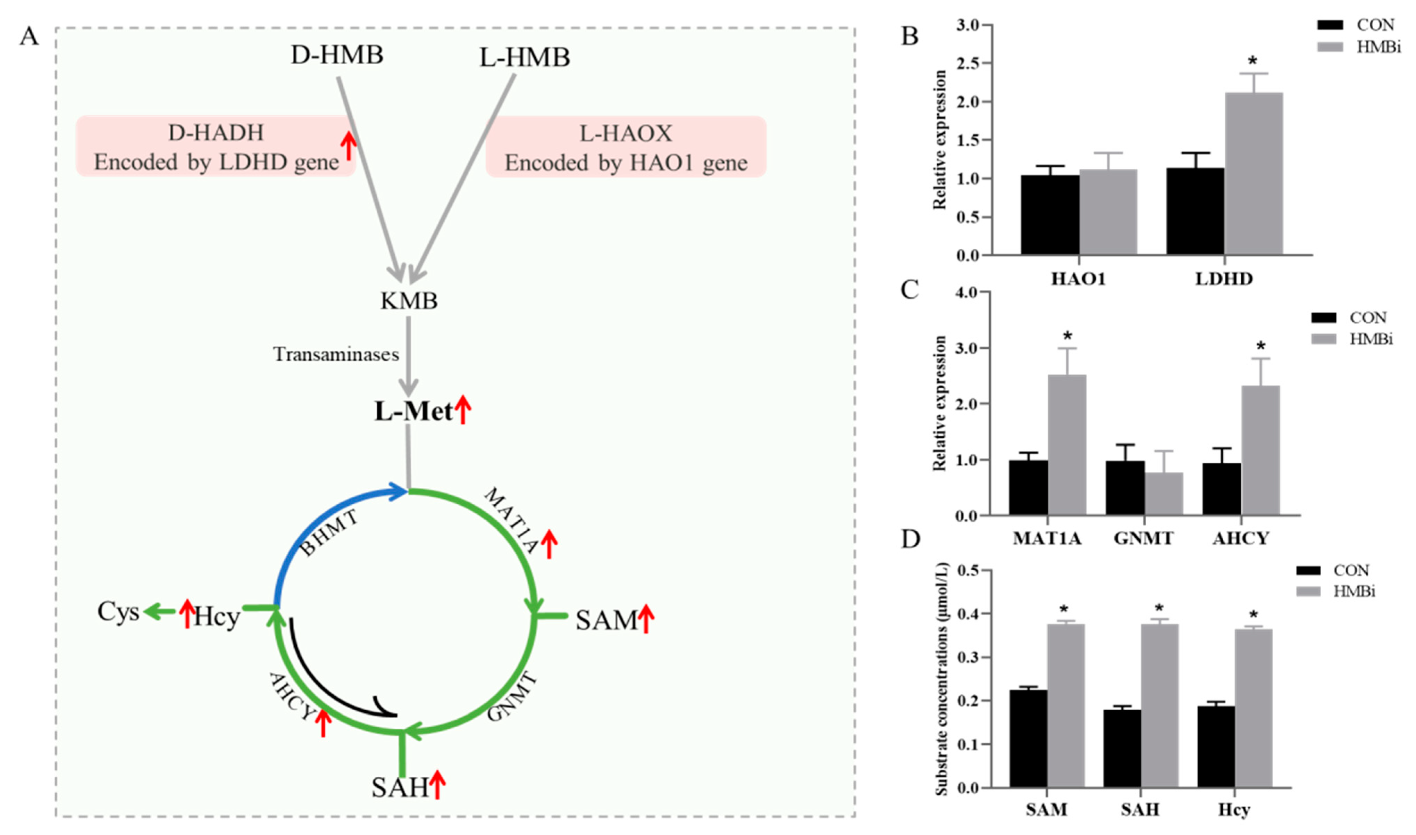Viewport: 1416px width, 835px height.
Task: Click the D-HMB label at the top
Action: (x=337, y=55)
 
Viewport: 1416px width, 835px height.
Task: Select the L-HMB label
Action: (x=524, y=57)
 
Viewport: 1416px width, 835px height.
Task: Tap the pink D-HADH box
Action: (x=216, y=146)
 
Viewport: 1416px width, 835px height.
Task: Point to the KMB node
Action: (x=409, y=301)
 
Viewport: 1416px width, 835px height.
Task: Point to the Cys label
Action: (x=118, y=612)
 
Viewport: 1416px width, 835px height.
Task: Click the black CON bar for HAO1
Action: (x=1050, y=215)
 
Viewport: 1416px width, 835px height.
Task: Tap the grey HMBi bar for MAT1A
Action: (x=1067, y=445)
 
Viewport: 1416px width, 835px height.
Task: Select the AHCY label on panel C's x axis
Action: (x=1241, y=538)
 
